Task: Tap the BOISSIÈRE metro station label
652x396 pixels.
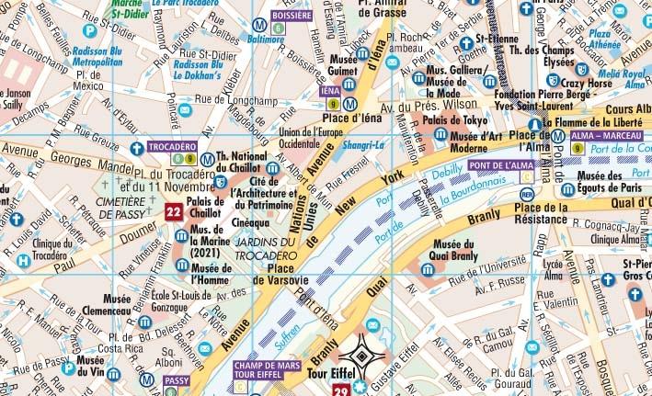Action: [x=291, y=16]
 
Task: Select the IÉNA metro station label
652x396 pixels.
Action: [x=329, y=92]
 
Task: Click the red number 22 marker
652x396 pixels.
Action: [x=173, y=213]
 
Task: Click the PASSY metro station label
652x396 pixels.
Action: [x=177, y=379]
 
